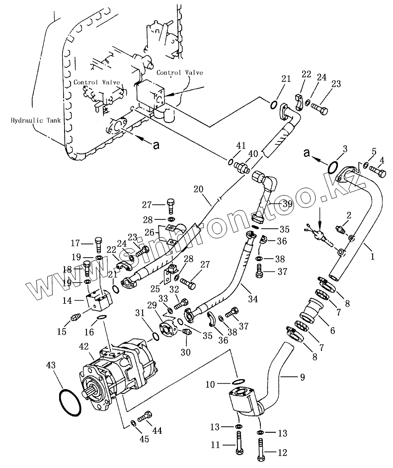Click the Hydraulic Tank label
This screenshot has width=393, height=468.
[36, 120]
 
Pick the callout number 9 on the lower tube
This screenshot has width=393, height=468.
[303, 377]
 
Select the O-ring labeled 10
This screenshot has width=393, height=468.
[238, 381]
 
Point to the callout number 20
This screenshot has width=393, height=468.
[198, 189]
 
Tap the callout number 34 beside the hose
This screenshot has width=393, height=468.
[253, 298]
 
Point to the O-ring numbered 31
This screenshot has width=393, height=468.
[156, 336]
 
